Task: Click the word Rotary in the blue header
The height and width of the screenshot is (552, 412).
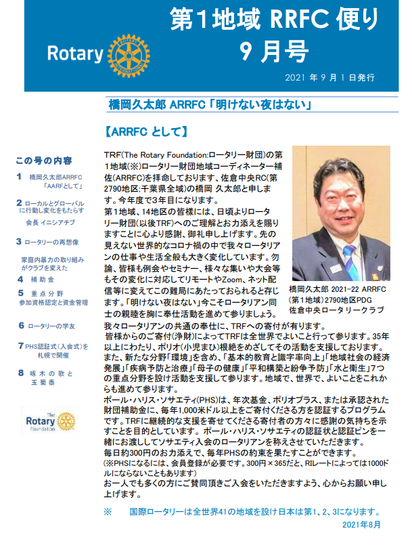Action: point(74,54)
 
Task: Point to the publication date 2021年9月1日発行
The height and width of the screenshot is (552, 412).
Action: point(330,78)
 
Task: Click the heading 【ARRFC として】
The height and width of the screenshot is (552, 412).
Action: point(146,129)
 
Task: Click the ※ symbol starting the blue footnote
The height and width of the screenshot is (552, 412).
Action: point(107,512)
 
